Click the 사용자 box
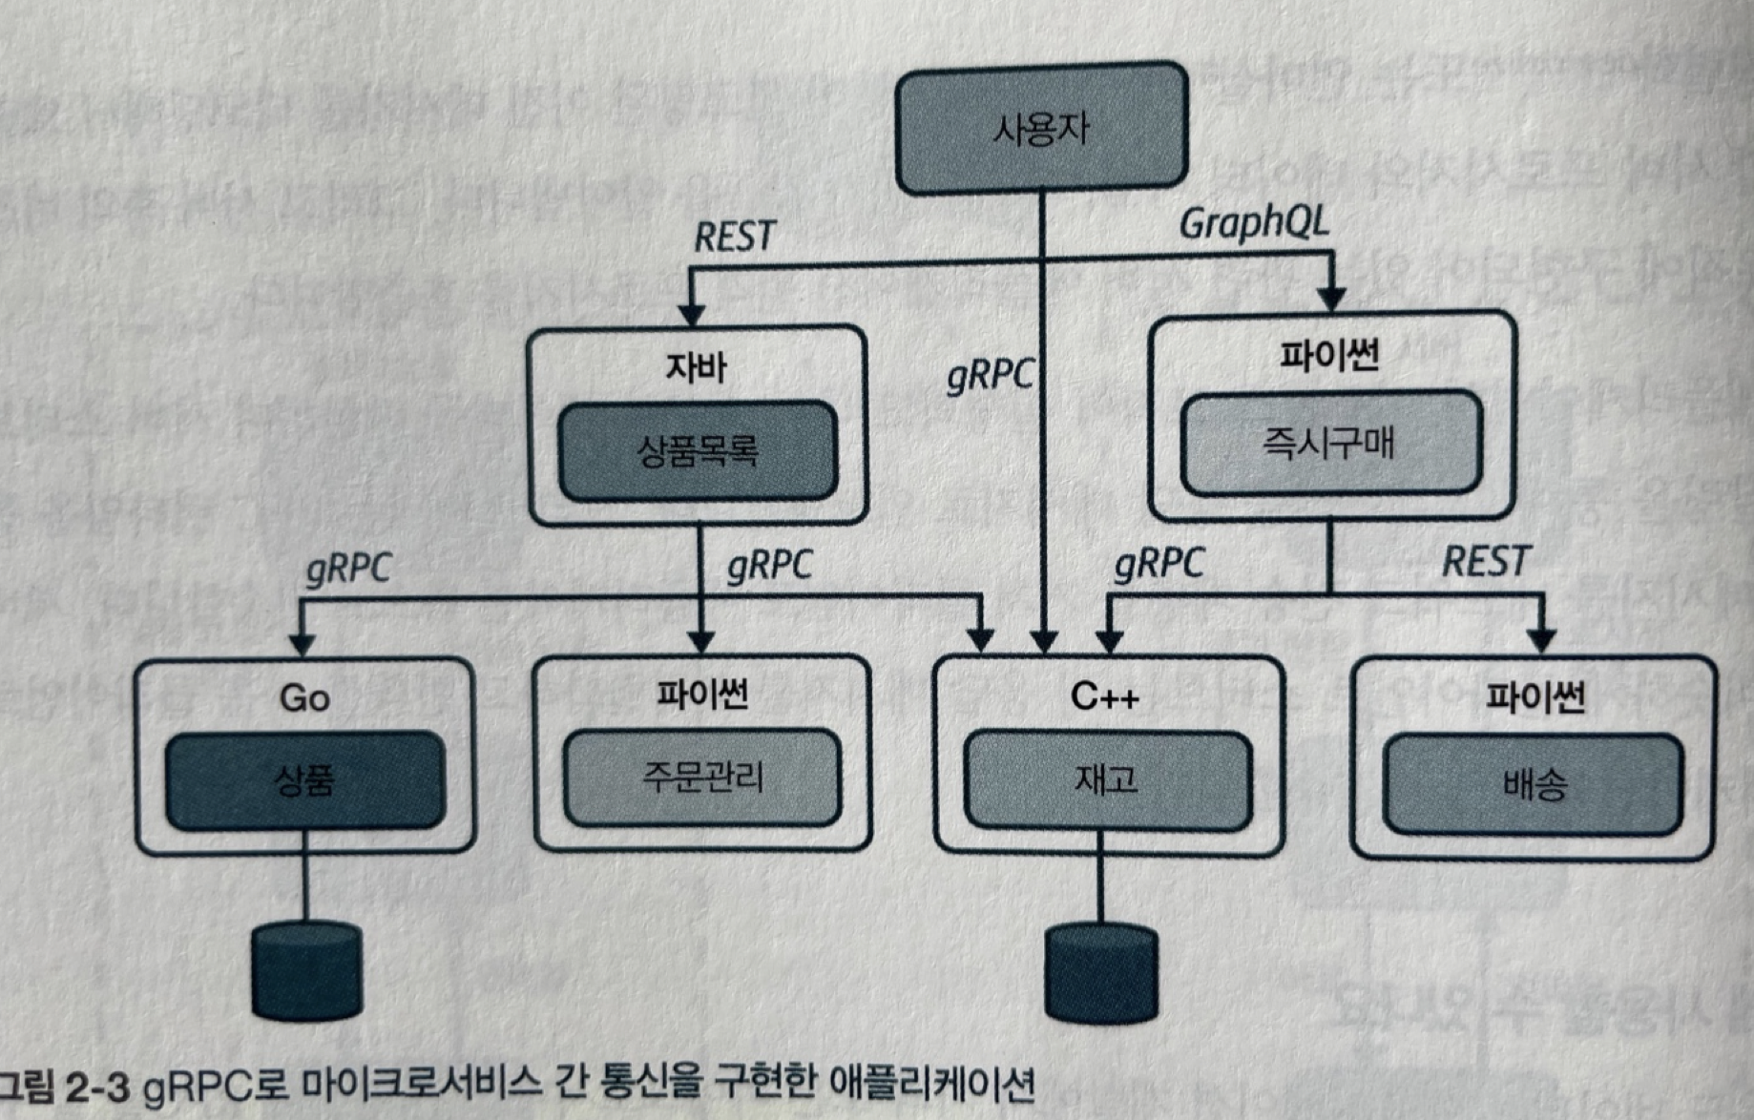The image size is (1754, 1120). click(x=1041, y=128)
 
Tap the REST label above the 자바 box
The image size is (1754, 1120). click(x=734, y=237)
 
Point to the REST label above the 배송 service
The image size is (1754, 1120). click(x=1486, y=561)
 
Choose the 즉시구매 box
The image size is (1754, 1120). click(x=1330, y=443)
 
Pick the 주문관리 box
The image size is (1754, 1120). click(x=702, y=778)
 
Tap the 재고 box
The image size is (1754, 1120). click(x=1107, y=780)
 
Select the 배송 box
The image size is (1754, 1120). click(x=1534, y=784)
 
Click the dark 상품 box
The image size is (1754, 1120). click(x=305, y=780)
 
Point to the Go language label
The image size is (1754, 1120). click(x=304, y=697)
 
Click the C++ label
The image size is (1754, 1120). click(x=1104, y=696)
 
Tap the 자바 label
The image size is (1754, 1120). click(x=696, y=366)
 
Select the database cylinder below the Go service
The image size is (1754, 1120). click(x=306, y=970)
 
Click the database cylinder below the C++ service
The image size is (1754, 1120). click(x=1101, y=973)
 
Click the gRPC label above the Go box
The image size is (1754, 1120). click(x=348, y=569)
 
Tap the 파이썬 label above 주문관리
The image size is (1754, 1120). click(x=701, y=694)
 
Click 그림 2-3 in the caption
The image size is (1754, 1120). click(x=63, y=1088)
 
